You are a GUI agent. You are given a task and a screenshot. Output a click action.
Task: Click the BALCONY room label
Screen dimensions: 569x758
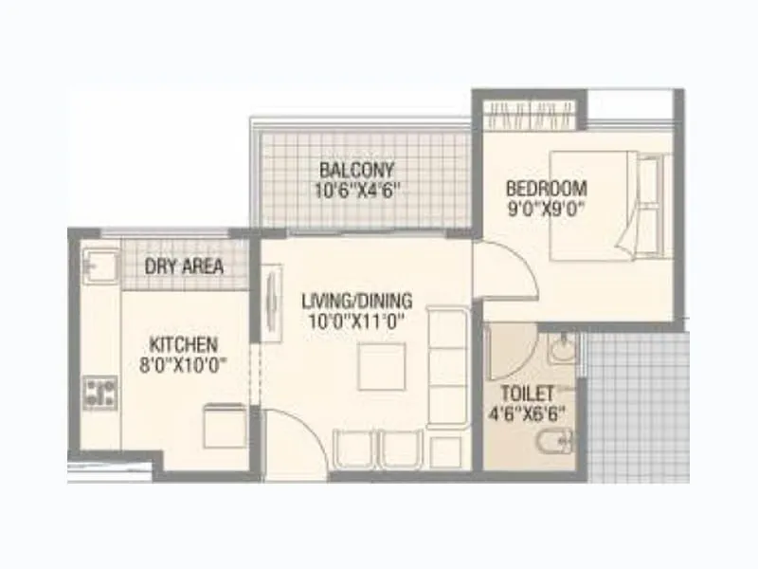click(x=356, y=171)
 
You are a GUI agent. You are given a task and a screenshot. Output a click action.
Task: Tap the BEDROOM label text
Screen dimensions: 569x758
click(x=547, y=187)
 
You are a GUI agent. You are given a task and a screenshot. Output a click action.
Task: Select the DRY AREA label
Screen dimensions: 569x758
click(x=185, y=266)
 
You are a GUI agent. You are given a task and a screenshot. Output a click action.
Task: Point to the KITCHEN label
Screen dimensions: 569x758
click(x=184, y=344)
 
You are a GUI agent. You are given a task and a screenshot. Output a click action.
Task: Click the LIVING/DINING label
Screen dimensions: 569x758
click(x=353, y=302)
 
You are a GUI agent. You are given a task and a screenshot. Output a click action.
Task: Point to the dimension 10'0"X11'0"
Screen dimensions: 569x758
click(x=353, y=320)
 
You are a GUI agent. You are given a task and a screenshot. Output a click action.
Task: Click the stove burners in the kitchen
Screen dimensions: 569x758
click(x=99, y=393)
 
